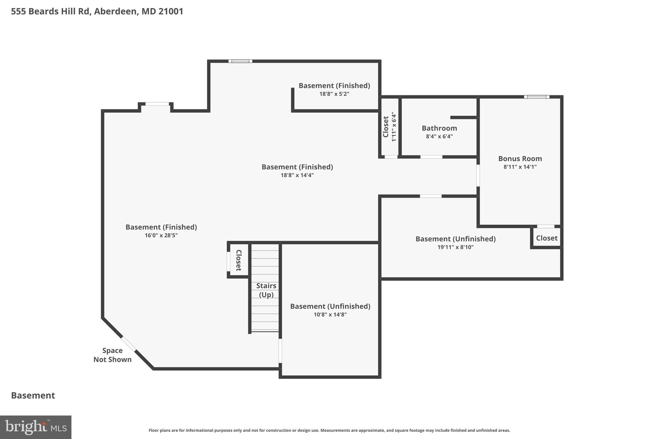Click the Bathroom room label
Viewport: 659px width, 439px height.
pyautogui.click(x=439, y=128)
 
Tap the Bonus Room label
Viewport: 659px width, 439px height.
pyautogui.click(x=520, y=159)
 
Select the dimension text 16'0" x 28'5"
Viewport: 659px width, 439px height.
pyautogui.click(x=161, y=235)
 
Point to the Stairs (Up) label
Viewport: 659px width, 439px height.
pyautogui.click(x=266, y=290)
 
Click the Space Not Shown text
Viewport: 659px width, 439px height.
pyautogui.click(x=112, y=355)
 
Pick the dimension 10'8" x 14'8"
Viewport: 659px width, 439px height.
pyautogui.click(x=330, y=315)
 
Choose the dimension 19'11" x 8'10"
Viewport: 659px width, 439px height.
pyautogui.click(x=455, y=247)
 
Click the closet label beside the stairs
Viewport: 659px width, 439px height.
pyautogui.click(x=239, y=260)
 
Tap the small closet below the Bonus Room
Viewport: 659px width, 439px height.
pyautogui.click(x=546, y=238)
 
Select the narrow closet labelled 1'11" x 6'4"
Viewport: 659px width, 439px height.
pyautogui.click(x=389, y=127)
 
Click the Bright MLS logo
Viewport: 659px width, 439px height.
pyautogui.click(x=36, y=427)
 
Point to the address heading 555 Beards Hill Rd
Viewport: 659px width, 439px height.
pyautogui.click(x=97, y=12)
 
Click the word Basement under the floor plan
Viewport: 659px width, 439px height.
pyautogui.click(x=33, y=396)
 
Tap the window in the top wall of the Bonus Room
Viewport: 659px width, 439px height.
pyautogui.click(x=536, y=97)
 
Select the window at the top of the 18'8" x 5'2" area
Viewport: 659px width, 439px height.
pyautogui.click(x=240, y=61)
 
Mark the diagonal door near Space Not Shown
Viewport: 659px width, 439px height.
pyautogui.click(x=128, y=344)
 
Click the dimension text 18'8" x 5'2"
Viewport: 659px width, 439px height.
pyautogui.click(x=334, y=94)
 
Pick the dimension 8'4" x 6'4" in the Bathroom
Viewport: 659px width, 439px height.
pyautogui.click(x=439, y=136)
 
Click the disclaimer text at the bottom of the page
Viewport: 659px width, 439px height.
pyautogui.click(x=329, y=430)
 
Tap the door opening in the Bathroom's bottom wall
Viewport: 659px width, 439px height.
pyautogui.click(x=431, y=157)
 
